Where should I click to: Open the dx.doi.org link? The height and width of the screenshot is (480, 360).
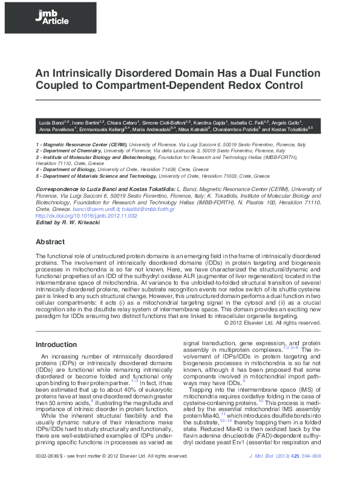click(x=87, y=216)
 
